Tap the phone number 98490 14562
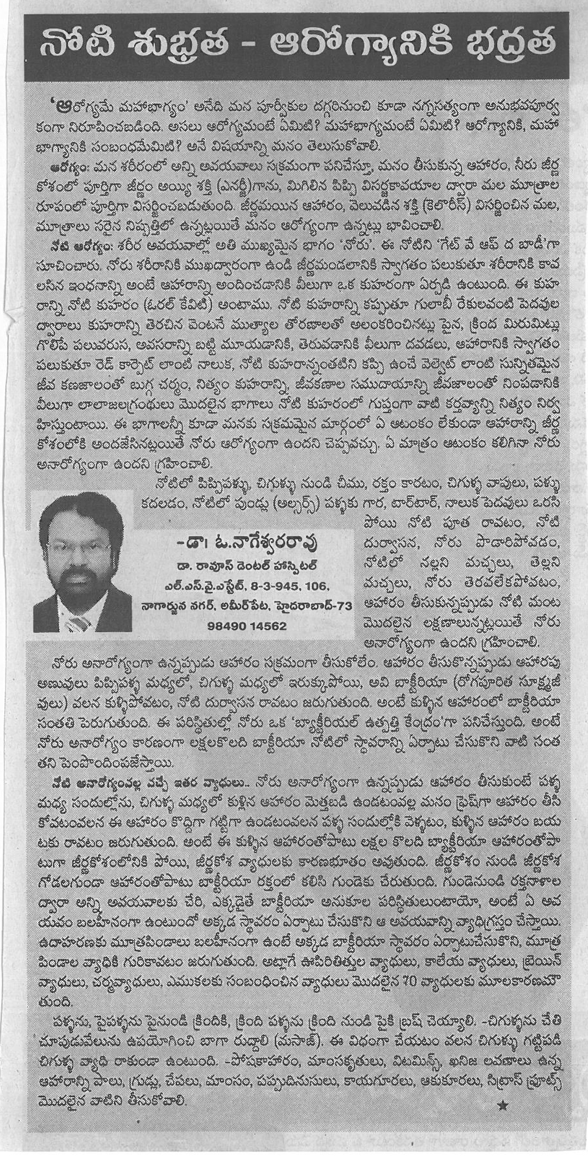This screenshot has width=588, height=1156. pos(247,626)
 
